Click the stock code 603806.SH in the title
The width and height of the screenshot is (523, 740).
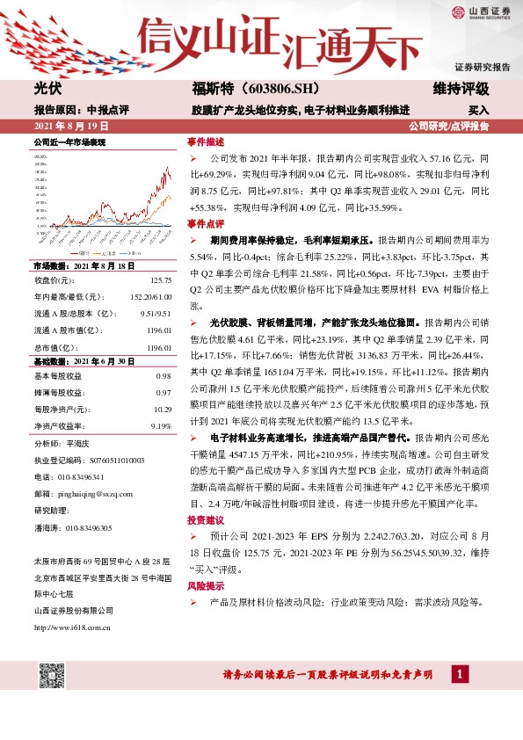(264, 90)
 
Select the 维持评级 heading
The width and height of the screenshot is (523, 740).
(461, 90)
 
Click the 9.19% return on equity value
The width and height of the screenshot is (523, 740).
(161, 425)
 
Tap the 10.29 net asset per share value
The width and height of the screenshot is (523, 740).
(160, 410)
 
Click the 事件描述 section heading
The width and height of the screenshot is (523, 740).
(206, 141)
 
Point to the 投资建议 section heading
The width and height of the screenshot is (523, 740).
(206, 520)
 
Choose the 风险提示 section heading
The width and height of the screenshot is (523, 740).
(206, 584)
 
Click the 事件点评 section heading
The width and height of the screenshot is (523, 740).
(206, 224)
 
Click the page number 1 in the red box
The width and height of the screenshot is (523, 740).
(458, 674)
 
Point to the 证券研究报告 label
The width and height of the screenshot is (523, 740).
(483, 67)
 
